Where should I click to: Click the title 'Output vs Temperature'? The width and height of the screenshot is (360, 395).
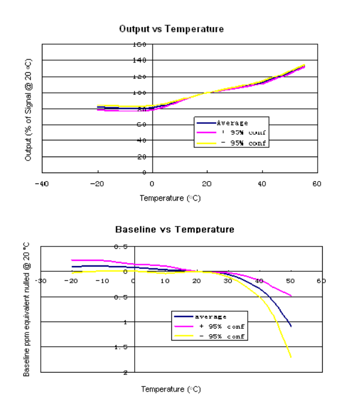tap(171, 29)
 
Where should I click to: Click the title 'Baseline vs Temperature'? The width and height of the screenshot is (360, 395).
tap(174, 229)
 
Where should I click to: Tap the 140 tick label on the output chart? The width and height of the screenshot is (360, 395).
tap(140, 60)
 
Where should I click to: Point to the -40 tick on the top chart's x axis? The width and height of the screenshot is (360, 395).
tap(41, 184)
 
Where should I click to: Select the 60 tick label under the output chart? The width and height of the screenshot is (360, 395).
tap(316, 184)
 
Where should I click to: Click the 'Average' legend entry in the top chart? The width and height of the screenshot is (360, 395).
tap(232, 123)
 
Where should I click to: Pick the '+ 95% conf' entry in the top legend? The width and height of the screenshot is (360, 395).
tap(241, 133)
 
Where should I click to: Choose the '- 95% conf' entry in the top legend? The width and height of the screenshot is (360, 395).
tap(241, 143)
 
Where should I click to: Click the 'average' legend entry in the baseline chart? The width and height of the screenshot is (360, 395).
tap(210, 316)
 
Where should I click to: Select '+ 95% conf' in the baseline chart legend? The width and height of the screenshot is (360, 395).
tap(220, 326)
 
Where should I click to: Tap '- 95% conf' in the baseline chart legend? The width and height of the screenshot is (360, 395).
tap(220, 336)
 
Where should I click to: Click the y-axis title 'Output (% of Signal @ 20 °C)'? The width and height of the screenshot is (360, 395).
tap(29, 109)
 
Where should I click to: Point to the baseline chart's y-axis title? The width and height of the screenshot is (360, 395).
tap(27, 310)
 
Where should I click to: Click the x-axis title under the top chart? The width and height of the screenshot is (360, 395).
tap(171, 198)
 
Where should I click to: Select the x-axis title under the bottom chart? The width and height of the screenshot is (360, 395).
tap(171, 389)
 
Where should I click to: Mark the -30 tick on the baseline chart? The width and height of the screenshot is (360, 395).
tap(40, 281)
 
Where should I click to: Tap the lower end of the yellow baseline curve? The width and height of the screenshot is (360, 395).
tap(291, 357)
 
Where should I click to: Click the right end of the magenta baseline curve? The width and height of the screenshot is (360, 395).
tap(291, 296)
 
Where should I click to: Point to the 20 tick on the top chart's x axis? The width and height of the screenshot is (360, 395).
tap(207, 184)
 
